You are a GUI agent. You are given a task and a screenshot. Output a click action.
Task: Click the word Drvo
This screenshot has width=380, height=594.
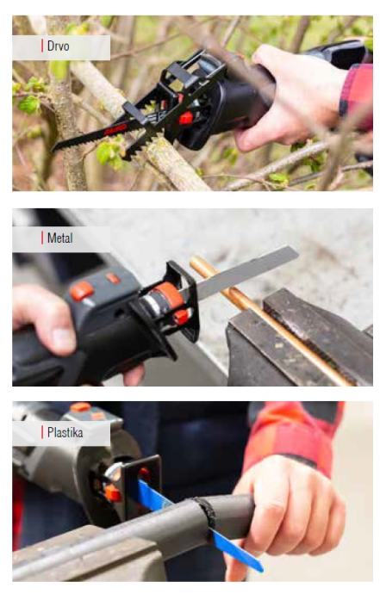coord(58,46)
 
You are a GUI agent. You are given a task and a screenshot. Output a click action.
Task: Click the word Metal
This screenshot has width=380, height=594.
coord(60,238)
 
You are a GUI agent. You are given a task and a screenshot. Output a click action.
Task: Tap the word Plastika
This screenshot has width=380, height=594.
coord(65,432)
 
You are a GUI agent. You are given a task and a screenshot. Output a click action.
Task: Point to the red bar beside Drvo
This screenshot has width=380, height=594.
coord(42,46)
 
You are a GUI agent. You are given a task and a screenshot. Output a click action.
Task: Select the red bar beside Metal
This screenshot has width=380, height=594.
coord(42,238)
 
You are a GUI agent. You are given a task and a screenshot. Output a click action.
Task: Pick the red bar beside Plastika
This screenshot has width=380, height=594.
coord(42,432)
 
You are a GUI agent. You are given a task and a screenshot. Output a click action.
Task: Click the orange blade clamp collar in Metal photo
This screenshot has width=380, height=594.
coord(169,296)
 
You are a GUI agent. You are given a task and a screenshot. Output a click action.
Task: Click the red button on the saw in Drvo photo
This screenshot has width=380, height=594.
coord(186,118)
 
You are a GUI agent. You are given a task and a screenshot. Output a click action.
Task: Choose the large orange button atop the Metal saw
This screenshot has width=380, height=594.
coord(82,291)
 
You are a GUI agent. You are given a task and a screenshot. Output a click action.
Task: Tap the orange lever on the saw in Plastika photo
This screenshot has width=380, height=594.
coord(113,493)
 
